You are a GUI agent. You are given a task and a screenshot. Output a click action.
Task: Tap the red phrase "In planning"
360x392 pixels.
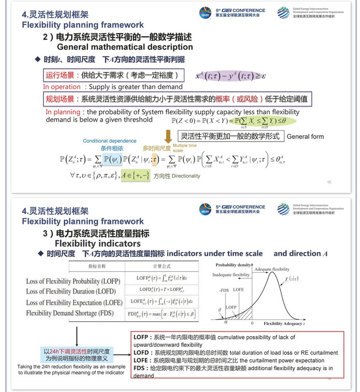tap(63, 111)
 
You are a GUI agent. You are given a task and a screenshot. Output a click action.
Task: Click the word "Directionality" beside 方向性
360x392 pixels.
tap(186, 176)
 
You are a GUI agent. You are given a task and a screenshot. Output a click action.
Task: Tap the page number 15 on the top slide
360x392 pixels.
tap(329, 182)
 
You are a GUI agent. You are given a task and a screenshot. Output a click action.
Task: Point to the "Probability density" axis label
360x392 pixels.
tap(232, 264)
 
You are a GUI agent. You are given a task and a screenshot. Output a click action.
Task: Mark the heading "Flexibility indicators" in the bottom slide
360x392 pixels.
tap(97, 243)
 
